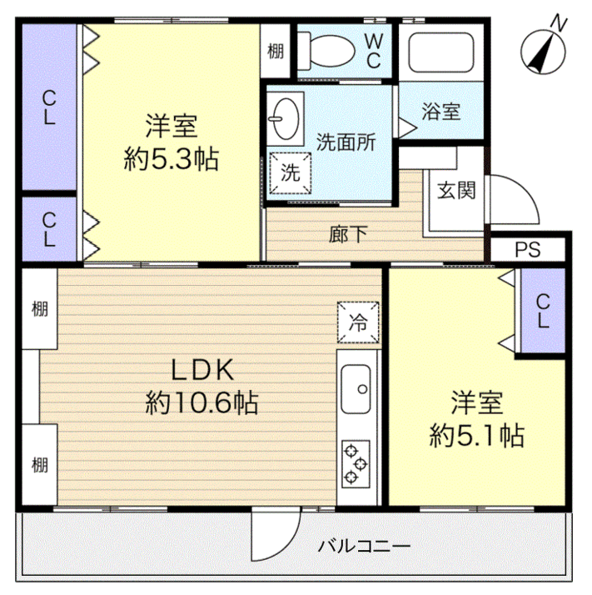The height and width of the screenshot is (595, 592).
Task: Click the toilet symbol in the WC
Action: (326, 51)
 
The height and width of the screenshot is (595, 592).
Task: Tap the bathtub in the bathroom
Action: (441, 52)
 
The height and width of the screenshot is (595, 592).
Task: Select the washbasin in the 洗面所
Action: (285, 119)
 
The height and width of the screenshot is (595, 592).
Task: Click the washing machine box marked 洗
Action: (290, 173)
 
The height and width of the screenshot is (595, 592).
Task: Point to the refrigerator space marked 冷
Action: (358, 322)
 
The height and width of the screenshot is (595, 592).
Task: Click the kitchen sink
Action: (356, 389)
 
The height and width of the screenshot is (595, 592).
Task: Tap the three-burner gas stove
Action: (356, 463)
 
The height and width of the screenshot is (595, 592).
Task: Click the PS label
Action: (528, 250)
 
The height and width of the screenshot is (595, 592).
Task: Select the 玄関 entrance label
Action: (456, 191)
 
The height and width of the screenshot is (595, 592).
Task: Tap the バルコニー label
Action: (364, 547)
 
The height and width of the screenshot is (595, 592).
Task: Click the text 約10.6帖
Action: (201, 402)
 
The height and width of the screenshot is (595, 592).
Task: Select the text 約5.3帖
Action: (171, 159)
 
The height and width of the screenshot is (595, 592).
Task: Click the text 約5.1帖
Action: (477, 435)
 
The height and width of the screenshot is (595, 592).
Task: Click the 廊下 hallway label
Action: (348, 234)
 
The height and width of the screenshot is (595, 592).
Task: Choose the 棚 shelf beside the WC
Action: (276, 51)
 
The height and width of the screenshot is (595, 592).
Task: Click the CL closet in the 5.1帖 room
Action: (543, 311)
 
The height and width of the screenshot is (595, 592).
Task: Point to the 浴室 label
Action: (441, 112)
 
